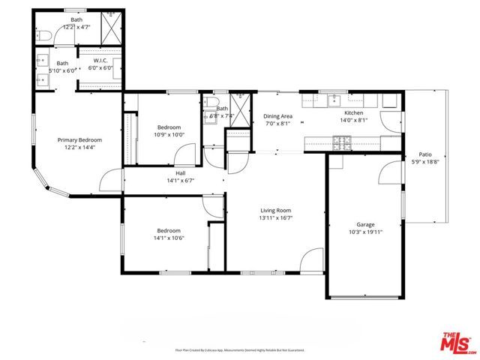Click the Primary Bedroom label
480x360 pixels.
(x=79, y=140)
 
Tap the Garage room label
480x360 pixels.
(x=365, y=224)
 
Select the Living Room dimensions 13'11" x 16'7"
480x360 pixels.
(x=275, y=219)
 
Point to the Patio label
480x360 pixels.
(x=424, y=154)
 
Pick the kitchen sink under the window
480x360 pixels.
(x=334, y=101)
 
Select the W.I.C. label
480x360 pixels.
(x=101, y=60)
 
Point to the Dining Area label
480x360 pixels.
(x=277, y=116)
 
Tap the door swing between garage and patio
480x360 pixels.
(x=390, y=173)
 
